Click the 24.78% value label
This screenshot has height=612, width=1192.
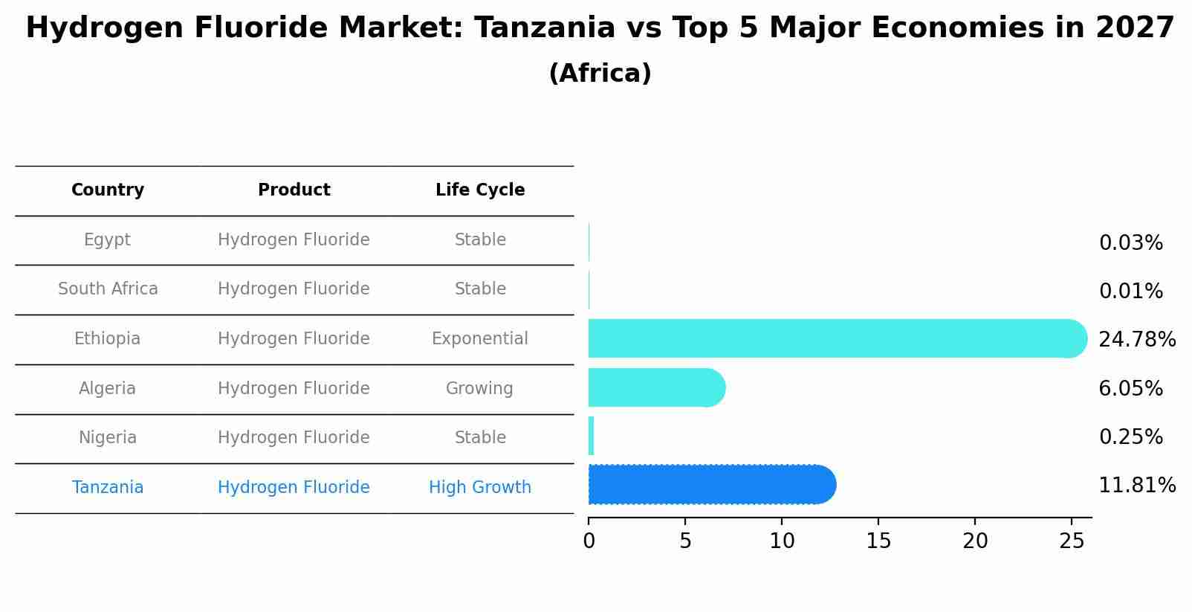click(1137, 340)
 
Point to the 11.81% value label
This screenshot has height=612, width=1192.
click(1137, 486)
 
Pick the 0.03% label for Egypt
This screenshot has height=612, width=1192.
click(1130, 243)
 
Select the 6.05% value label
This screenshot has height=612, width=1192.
click(1130, 388)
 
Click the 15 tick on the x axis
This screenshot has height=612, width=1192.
click(878, 541)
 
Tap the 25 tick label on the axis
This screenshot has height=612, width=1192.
click(1072, 541)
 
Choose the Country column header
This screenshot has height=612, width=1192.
click(108, 190)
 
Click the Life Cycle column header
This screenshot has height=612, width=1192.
click(480, 190)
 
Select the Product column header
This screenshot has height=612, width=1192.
click(294, 190)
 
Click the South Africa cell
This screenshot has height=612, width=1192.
click(108, 289)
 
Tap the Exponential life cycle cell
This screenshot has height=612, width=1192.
click(480, 339)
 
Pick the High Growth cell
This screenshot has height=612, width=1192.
click(480, 488)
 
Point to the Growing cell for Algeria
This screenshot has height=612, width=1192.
click(479, 389)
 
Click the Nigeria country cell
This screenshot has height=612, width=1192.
click(108, 438)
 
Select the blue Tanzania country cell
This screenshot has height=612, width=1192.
click(108, 488)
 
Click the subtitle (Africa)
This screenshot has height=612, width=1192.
click(600, 74)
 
